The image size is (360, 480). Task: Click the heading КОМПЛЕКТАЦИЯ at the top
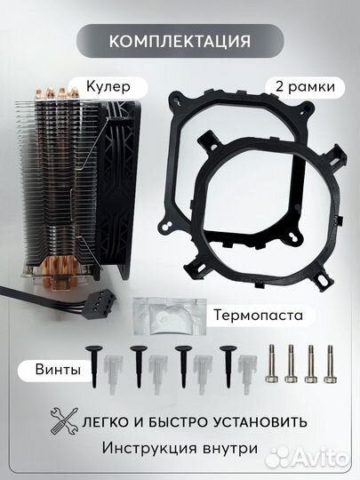tap(180, 41)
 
